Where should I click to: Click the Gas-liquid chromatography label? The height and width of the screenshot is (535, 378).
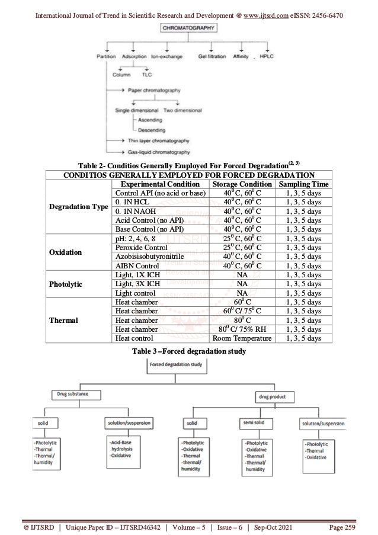[158, 152]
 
